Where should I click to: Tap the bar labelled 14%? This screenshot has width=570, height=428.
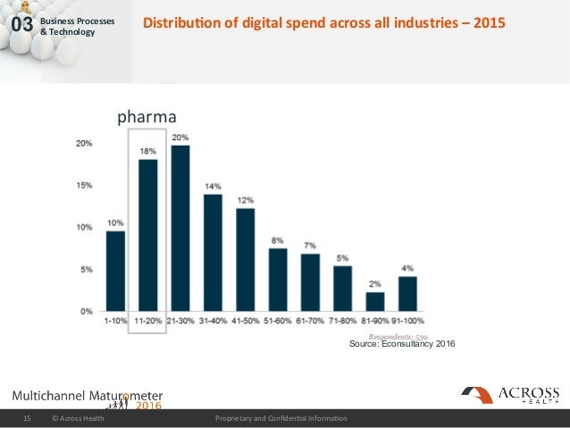(213, 252)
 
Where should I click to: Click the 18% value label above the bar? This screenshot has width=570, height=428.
(147, 152)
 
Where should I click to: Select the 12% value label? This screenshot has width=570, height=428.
(245, 199)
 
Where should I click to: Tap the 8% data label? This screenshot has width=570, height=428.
(278, 239)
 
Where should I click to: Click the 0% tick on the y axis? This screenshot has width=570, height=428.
(86, 312)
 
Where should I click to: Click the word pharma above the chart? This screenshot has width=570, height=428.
(147, 116)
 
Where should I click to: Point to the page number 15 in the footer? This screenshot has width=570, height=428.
(27, 418)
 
